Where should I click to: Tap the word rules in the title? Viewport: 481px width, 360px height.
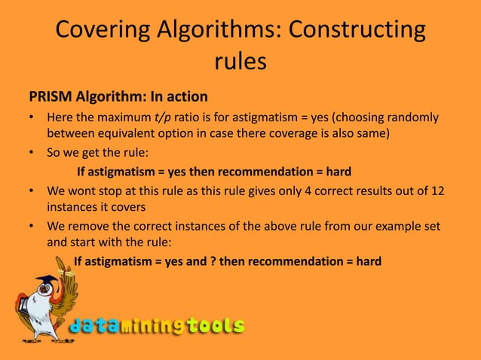240,62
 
